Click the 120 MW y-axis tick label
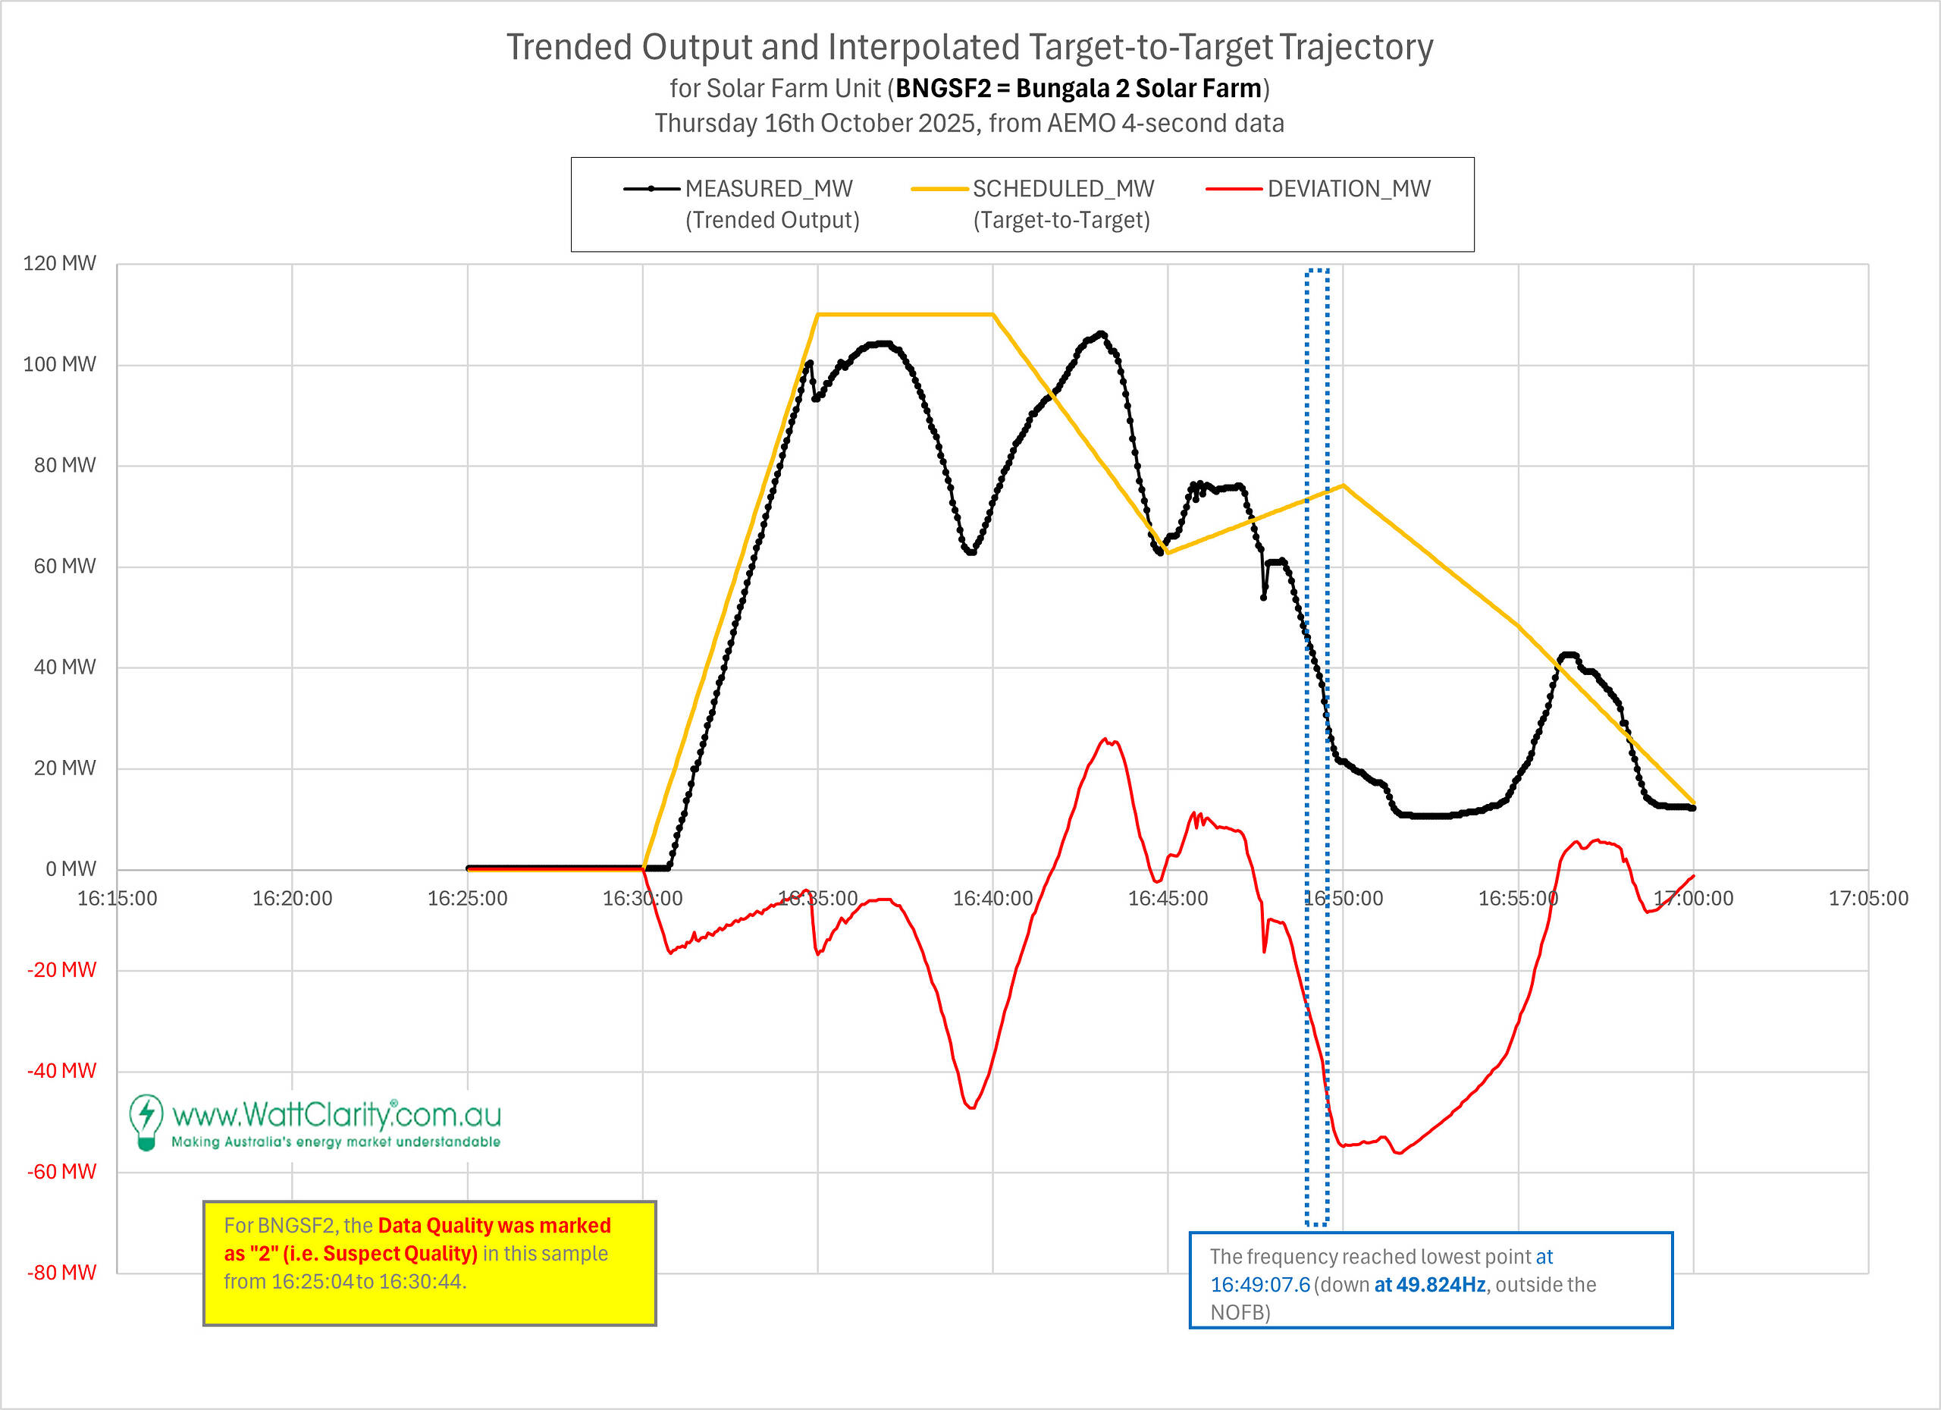[x=59, y=263]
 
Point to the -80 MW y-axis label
[x=61, y=1272]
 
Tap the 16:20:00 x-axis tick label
[x=292, y=898]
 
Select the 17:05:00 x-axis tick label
[x=1868, y=898]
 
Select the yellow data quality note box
[x=430, y=1264]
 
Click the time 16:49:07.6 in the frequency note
[x=1260, y=1284]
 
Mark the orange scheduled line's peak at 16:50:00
[x=1343, y=485]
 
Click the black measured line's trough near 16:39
[x=971, y=552]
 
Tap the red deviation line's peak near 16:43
[x=1105, y=739]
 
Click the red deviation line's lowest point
[x=1398, y=1153]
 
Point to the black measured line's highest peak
[x=1102, y=333]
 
